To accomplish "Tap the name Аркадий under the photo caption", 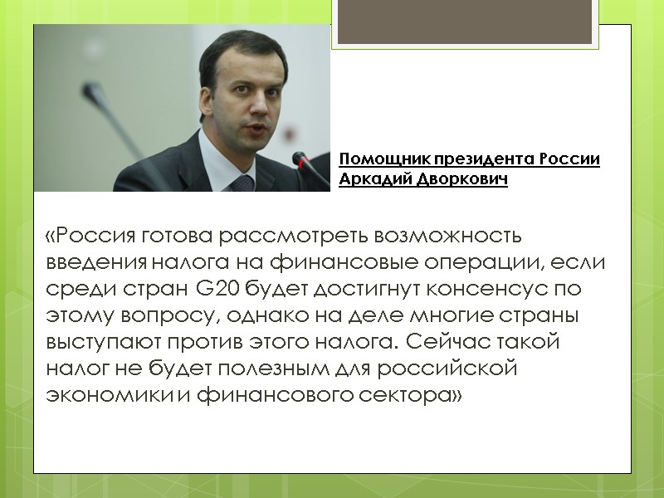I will point(372,179).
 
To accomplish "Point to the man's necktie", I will point(242,183).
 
